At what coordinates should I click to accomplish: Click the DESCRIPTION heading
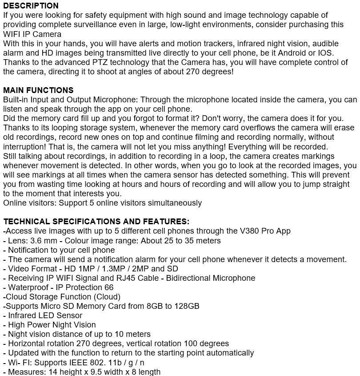coord(31,6)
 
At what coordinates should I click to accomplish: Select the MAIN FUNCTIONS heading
coord(38,90)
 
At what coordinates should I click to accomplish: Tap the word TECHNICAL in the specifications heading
coord(26,222)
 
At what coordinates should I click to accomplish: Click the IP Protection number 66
coord(109,287)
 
